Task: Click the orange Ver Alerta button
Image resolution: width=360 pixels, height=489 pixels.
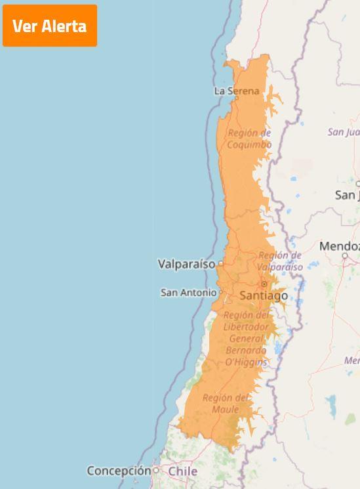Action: click(50, 26)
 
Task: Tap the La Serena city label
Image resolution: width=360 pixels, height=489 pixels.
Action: click(237, 91)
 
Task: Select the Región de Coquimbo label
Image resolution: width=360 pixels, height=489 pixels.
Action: click(249, 138)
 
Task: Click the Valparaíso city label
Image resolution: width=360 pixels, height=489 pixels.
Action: click(186, 264)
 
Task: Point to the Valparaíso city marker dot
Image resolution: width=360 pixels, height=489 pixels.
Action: click(221, 264)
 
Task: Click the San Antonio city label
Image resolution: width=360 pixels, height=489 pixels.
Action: click(188, 293)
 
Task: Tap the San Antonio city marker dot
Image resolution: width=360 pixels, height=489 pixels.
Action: click(221, 292)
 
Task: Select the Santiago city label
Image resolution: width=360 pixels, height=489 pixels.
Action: click(264, 296)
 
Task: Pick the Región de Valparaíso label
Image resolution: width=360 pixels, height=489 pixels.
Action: click(280, 261)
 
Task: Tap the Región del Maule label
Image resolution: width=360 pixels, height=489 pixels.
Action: click(226, 404)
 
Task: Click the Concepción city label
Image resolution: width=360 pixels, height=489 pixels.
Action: click(119, 471)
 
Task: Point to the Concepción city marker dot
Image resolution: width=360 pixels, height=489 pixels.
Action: click(156, 471)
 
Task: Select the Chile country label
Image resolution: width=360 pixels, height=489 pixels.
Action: click(183, 471)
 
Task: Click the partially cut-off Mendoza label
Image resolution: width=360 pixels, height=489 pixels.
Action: click(340, 246)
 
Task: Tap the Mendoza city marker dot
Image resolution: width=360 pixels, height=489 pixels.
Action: click(345, 256)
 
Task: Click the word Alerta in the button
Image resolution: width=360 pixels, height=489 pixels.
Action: click(64, 26)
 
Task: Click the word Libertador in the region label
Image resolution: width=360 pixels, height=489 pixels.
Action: click(246, 327)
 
